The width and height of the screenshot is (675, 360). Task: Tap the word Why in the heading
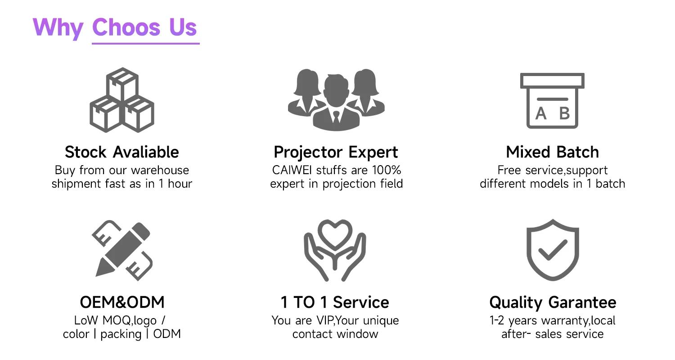pos(58,28)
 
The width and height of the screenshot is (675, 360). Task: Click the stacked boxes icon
pos(122,100)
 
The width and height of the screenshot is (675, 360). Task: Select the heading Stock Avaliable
pos(122,152)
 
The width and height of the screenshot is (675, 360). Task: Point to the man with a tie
pos(336,103)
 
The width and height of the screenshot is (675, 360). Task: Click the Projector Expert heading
pos(336,153)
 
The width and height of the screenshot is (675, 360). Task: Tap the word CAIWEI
pos(292,170)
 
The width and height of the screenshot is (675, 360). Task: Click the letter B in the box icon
pos(564,113)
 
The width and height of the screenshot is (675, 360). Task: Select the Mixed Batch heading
pos(552,152)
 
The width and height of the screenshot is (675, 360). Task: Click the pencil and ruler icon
pos(122,250)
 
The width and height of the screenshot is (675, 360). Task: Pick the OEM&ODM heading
pos(122,302)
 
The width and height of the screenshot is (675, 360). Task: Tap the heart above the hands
pos(335,235)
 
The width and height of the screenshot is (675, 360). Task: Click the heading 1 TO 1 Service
pos(335,302)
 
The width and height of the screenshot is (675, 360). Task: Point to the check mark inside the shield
pos(553,249)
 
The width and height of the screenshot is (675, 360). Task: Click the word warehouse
pos(160,170)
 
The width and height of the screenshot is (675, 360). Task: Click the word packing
pos(121,334)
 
